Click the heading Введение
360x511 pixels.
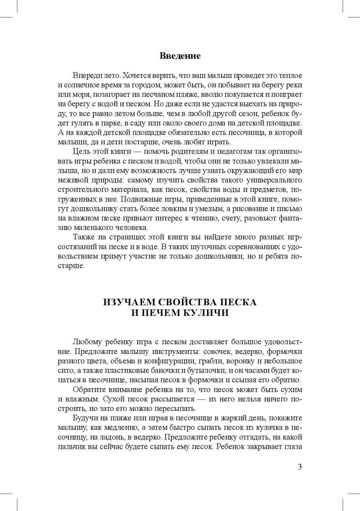(x=180, y=56)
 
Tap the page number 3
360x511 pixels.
(x=300, y=466)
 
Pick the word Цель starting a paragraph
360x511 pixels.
(x=81, y=152)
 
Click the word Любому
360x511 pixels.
(x=87, y=342)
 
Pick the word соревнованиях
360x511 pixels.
(x=233, y=247)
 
